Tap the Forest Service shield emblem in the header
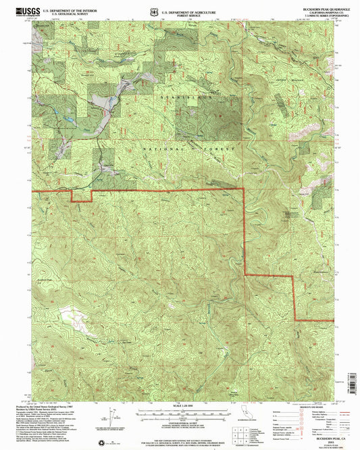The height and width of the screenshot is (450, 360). point(155,10)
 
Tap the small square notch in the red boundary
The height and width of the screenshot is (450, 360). point(81,196)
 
